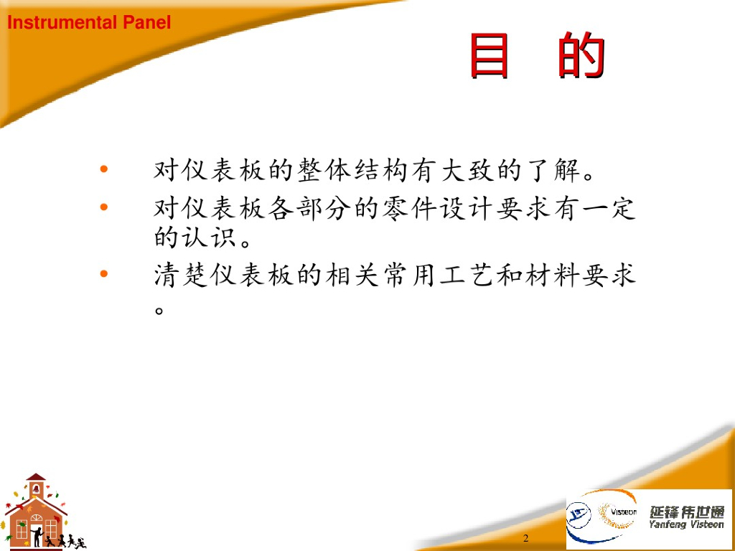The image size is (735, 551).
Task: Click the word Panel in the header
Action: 146,22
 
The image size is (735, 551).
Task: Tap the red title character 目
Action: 490,55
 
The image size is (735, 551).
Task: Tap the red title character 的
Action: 581,55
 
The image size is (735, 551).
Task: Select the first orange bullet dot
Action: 104,169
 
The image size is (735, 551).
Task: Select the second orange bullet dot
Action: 104,206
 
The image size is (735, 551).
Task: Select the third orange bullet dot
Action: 104,273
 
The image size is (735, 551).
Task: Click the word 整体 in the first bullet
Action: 324,170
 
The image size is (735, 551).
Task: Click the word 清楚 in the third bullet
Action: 181,275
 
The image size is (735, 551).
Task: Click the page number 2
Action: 525,538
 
